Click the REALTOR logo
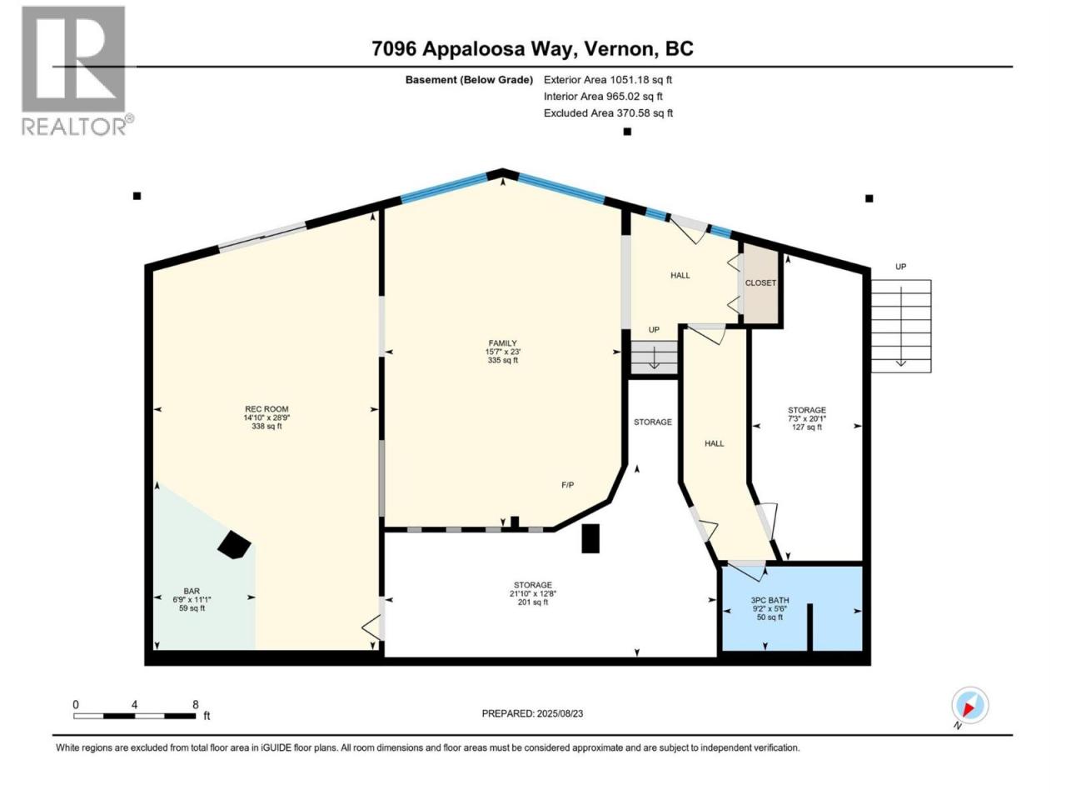point(77,71)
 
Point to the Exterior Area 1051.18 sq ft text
point(608,80)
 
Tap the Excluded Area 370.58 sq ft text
point(608,113)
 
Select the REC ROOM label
point(266,409)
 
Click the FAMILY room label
point(503,343)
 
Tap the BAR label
point(192,591)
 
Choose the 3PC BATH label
point(770,600)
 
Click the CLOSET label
point(760,282)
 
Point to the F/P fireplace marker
point(568,485)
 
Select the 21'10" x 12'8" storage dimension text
point(533,593)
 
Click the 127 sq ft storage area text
point(807,427)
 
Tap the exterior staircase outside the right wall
point(901,326)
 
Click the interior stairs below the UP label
point(654,357)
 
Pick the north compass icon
point(970,705)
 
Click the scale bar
point(135,716)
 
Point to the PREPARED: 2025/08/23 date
point(532,713)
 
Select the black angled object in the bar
point(234,544)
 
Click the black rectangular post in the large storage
point(590,538)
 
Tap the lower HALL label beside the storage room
point(714,443)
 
